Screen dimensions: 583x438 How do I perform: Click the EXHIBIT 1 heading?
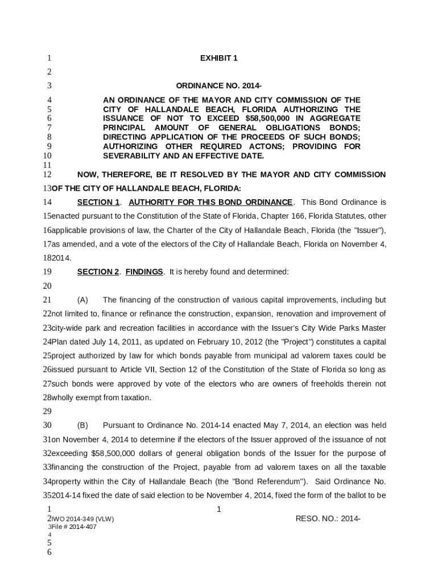[x=218, y=58]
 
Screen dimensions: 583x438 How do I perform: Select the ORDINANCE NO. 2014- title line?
[x=218, y=86]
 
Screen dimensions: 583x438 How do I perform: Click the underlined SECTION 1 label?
[x=98, y=202]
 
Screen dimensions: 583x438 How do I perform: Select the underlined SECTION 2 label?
[x=98, y=272]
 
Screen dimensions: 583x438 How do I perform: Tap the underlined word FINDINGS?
[x=144, y=272]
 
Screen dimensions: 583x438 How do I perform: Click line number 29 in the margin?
[x=47, y=411]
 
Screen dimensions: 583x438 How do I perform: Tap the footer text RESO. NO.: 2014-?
[x=328, y=519]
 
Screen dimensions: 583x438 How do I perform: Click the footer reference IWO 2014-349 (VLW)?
[x=85, y=519]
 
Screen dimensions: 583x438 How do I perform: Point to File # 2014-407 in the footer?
[x=74, y=527]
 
